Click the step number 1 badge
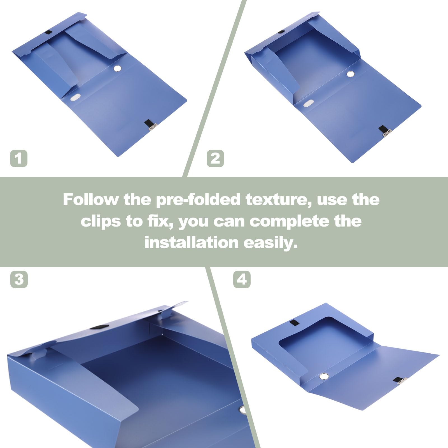click(x=19, y=158)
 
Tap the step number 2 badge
click(x=215, y=158)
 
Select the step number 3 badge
click(x=19, y=279)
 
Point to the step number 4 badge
click(x=242, y=279)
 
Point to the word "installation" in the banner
click(x=192, y=242)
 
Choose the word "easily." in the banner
click(x=271, y=243)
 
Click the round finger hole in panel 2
click(x=350, y=74)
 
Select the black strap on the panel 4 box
click(x=295, y=323)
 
